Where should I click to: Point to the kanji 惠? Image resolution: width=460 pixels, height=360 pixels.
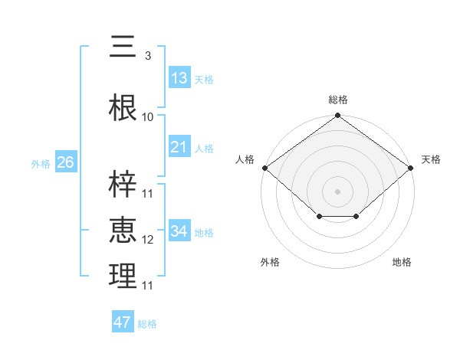(122, 231)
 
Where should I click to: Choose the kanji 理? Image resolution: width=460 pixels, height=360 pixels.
(122, 277)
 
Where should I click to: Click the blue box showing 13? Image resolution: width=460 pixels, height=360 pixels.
(179, 78)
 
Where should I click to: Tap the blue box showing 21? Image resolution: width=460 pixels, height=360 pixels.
(179, 147)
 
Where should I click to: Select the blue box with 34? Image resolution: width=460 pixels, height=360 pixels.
(179, 231)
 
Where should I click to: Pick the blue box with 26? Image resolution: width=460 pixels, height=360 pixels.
(66, 162)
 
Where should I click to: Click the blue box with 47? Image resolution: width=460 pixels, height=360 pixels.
(123, 322)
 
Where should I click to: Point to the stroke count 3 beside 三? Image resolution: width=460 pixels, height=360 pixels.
(147, 56)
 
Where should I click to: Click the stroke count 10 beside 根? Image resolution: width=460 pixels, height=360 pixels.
(148, 117)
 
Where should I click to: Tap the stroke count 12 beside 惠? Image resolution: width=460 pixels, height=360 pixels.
(148, 240)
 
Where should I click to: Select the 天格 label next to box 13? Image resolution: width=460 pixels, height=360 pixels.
(204, 80)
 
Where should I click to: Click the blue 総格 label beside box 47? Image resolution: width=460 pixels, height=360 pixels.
(147, 324)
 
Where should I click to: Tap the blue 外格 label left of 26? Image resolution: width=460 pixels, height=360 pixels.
(41, 164)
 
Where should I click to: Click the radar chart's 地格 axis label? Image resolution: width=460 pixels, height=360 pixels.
(402, 263)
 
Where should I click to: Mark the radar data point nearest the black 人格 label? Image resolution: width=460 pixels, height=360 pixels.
(264, 168)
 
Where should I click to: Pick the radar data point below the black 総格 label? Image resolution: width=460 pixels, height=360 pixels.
(337, 116)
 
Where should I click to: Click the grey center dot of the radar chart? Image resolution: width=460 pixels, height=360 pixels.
(337, 191)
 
